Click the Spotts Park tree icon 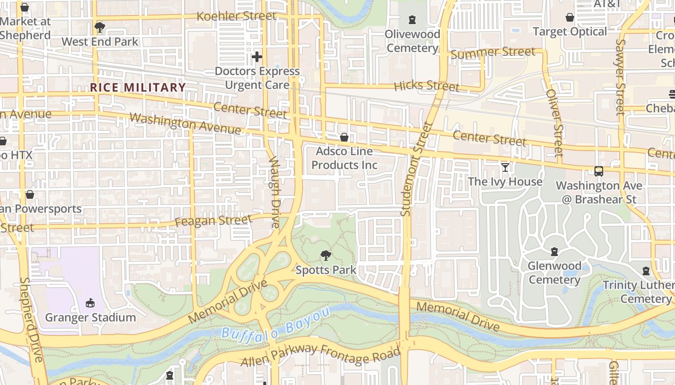[x=326, y=256]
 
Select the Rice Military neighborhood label [x=138, y=87]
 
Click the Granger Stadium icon [x=90, y=303]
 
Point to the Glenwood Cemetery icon [x=554, y=251]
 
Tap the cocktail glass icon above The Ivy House [x=505, y=167]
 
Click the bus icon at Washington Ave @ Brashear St [x=599, y=171]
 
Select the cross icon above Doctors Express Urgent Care [x=257, y=57]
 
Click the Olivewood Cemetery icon [x=412, y=20]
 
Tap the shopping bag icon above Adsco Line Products [x=344, y=137]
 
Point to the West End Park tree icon [x=100, y=27]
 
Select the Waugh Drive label [x=274, y=191]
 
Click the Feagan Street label [x=213, y=221]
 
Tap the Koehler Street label [x=237, y=16]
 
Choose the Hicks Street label [x=426, y=86]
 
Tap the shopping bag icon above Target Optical [x=570, y=18]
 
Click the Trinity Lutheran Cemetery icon [x=646, y=271]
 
